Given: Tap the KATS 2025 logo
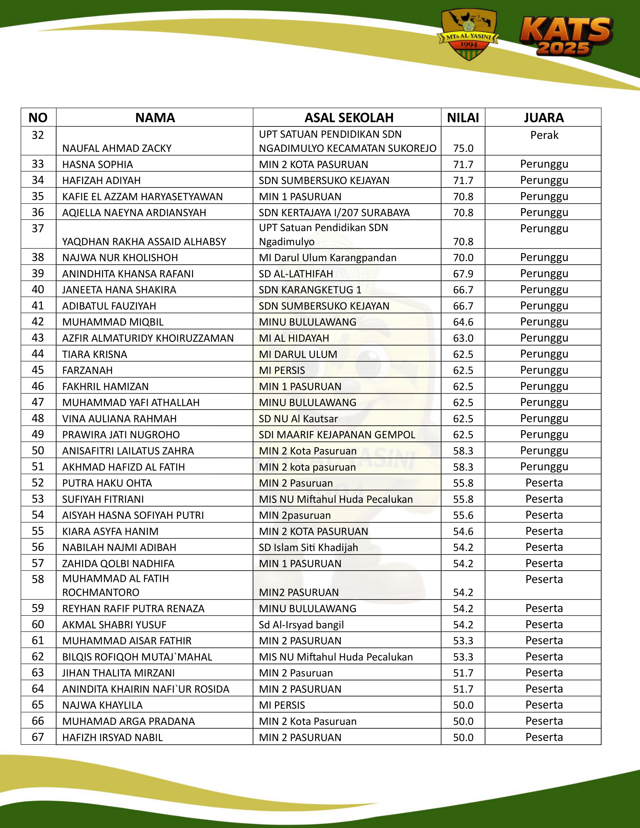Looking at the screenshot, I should (x=565, y=37).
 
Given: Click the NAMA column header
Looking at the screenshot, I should (x=155, y=117).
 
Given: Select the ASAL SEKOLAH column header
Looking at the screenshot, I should (x=349, y=117).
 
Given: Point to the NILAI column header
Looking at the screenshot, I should (x=463, y=117).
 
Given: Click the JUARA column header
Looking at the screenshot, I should (x=544, y=117).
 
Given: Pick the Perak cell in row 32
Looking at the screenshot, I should (x=544, y=135).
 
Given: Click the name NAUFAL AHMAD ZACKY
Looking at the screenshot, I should (x=117, y=148).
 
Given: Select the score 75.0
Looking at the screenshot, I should (x=463, y=148).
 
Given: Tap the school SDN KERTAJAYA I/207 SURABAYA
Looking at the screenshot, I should (x=334, y=213).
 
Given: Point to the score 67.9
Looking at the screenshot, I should (x=463, y=274).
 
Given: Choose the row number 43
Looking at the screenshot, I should (x=38, y=338).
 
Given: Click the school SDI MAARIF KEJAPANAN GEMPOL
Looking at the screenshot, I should (x=337, y=435).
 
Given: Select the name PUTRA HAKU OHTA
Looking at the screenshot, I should (x=107, y=483).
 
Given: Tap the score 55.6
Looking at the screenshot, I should (x=463, y=515).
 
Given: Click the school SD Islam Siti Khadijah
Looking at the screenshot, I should (x=308, y=548).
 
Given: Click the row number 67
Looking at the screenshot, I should (x=38, y=737).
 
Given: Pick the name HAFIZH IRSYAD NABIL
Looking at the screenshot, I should (x=112, y=737).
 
